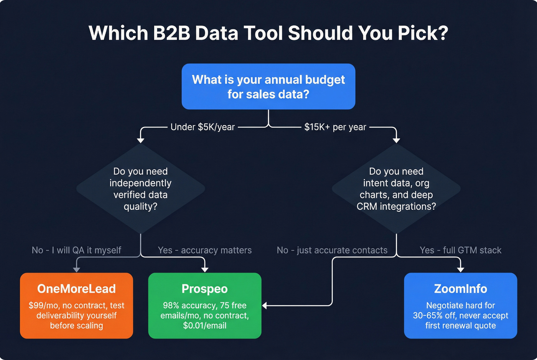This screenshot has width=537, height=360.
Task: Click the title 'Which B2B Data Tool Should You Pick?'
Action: click(x=268, y=33)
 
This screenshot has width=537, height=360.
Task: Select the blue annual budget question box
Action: click(x=268, y=87)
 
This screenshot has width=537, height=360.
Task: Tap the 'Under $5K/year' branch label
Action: click(x=203, y=127)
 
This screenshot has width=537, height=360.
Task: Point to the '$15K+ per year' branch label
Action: click(x=335, y=127)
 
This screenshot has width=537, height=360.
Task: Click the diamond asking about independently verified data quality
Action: click(x=140, y=189)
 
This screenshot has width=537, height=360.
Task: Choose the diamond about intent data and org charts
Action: click(x=396, y=189)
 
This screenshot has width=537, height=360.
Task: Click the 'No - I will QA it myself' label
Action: click(x=76, y=250)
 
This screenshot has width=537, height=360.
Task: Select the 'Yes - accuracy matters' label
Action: click(x=205, y=250)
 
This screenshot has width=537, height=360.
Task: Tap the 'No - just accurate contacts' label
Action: click(x=332, y=250)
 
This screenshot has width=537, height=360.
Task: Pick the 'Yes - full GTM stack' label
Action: click(x=460, y=250)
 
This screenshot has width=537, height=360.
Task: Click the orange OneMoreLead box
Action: click(x=76, y=306)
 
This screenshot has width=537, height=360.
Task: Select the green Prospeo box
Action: click(x=204, y=306)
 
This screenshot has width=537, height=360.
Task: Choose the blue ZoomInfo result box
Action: click(x=460, y=306)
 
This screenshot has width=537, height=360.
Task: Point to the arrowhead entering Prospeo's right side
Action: click(x=265, y=306)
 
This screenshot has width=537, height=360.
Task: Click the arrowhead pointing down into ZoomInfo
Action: click(x=461, y=270)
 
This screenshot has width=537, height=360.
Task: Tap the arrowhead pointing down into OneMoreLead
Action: click(x=76, y=270)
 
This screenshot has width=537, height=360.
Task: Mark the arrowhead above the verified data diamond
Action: click(x=140, y=140)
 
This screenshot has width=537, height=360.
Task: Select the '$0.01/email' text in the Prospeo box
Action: click(x=204, y=325)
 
